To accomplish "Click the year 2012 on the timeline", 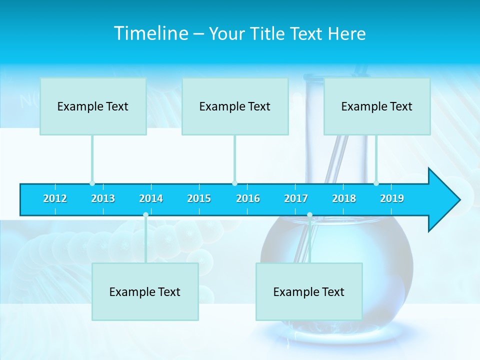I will point(55,198).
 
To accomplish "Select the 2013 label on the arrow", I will point(103,198).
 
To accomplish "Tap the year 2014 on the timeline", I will point(151,198).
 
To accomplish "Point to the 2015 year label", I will point(199,198).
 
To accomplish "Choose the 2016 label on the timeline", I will point(248,198).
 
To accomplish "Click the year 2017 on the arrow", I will point(296,198).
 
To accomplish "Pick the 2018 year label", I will point(344,198).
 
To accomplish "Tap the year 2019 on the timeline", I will point(392,198).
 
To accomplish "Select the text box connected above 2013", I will point(93,106).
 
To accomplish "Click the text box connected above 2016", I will point(235,106).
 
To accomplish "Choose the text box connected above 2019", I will point(377,106).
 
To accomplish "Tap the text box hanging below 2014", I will point(145,291).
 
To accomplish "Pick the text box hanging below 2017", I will point(309,291).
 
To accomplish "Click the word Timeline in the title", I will point(150,33).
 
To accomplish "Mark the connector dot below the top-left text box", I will point(92,183).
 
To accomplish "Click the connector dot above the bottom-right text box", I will point(309,215).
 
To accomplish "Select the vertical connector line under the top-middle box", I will point(234,158).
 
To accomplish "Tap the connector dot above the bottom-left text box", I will point(145,215).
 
